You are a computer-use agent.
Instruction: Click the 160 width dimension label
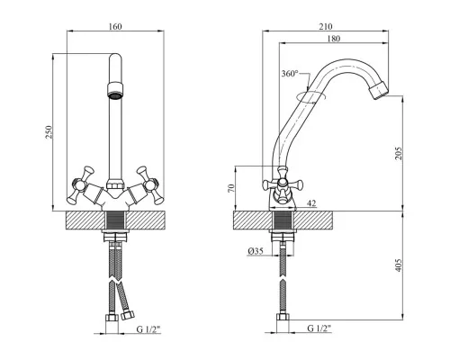(x=115, y=26)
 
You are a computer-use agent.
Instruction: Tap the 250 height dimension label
(x=49, y=132)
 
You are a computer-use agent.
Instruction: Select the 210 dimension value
(x=326, y=26)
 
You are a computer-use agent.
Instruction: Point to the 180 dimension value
(x=334, y=39)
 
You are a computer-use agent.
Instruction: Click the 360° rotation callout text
(x=290, y=74)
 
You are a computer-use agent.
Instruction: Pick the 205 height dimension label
(x=398, y=153)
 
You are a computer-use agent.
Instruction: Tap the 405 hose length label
(x=398, y=265)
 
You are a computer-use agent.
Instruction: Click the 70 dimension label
(x=230, y=188)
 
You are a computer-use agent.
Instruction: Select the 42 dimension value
(x=311, y=203)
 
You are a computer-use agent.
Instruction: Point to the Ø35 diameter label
(x=256, y=251)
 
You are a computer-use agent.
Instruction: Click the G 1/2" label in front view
(x=148, y=329)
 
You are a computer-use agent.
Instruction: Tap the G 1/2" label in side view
(x=319, y=328)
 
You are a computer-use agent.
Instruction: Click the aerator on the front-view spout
(x=115, y=89)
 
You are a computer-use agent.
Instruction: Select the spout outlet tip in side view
(x=379, y=90)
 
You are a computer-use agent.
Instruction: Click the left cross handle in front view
(x=80, y=184)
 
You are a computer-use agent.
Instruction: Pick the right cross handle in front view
(x=150, y=185)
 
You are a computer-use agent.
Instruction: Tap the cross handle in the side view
(x=283, y=184)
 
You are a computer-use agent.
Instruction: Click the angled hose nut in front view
(x=127, y=315)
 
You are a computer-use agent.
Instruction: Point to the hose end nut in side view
(x=283, y=318)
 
